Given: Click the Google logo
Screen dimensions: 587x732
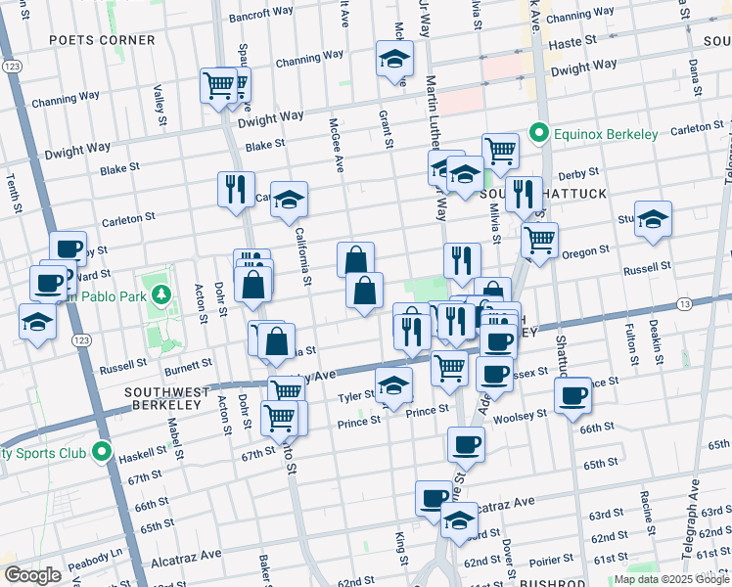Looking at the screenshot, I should [32, 575].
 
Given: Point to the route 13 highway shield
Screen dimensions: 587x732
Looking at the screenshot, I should [683, 305].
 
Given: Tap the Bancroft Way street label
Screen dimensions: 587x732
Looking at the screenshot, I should [261, 17].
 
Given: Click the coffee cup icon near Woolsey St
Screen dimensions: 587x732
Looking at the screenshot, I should [572, 394].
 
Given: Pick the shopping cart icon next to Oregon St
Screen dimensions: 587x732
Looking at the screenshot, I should [538, 238].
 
